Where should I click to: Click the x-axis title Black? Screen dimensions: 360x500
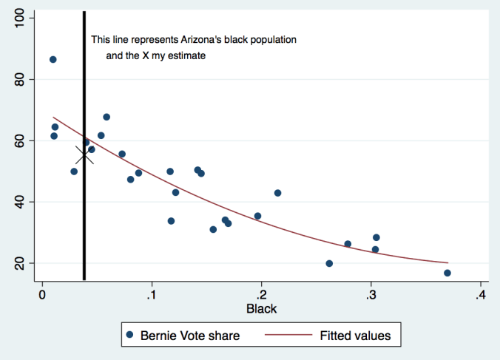tap(262, 308)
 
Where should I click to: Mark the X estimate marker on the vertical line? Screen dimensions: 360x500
tap(84, 155)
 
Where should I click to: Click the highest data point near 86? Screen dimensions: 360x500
tap(53, 60)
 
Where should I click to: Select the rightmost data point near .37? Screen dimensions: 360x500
tap(447, 273)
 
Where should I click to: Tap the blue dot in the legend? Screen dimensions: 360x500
tap(129, 336)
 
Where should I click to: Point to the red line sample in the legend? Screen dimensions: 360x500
tap(286, 336)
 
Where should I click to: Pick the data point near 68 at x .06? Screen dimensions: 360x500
tap(107, 117)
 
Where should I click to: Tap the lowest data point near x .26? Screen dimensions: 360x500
tap(329, 263)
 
